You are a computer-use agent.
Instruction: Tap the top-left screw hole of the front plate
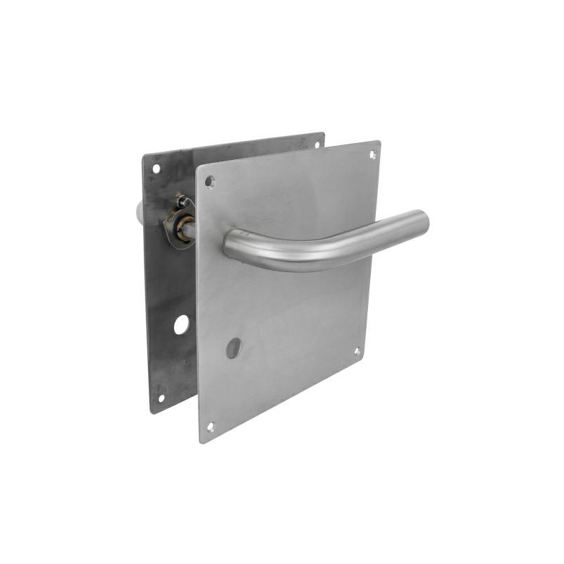point(209,181)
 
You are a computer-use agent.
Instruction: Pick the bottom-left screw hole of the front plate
point(210,426)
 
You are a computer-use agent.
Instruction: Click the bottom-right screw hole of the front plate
point(357,350)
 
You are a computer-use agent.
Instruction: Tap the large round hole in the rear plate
point(181,324)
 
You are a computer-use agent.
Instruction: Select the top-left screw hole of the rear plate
point(157,168)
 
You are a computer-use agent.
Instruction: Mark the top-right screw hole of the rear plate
point(317,144)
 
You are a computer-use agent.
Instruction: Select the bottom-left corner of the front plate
point(202,442)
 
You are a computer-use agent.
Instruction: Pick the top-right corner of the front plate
point(380,142)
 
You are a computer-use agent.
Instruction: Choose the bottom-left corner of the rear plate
point(152,412)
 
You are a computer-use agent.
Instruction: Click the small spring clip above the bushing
point(182,201)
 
